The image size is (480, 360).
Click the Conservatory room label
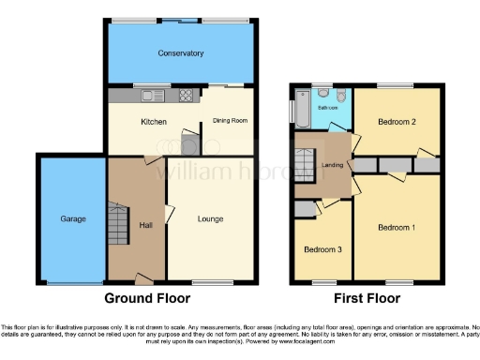pyautogui.click(x=181, y=53)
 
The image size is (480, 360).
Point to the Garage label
pyautogui.click(x=73, y=218)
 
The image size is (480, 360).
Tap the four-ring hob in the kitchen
pyautogui.click(x=185, y=95)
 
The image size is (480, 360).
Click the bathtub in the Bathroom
pyautogui.click(x=302, y=109)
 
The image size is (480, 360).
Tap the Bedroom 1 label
pyautogui.click(x=395, y=227)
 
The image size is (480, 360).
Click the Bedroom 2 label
pyautogui.click(x=397, y=122)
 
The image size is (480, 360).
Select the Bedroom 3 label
pyautogui.click(x=322, y=249)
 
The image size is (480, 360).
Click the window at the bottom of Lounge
pyautogui.click(x=208, y=281)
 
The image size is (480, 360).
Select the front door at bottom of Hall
pyautogui.click(x=143, y=279)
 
